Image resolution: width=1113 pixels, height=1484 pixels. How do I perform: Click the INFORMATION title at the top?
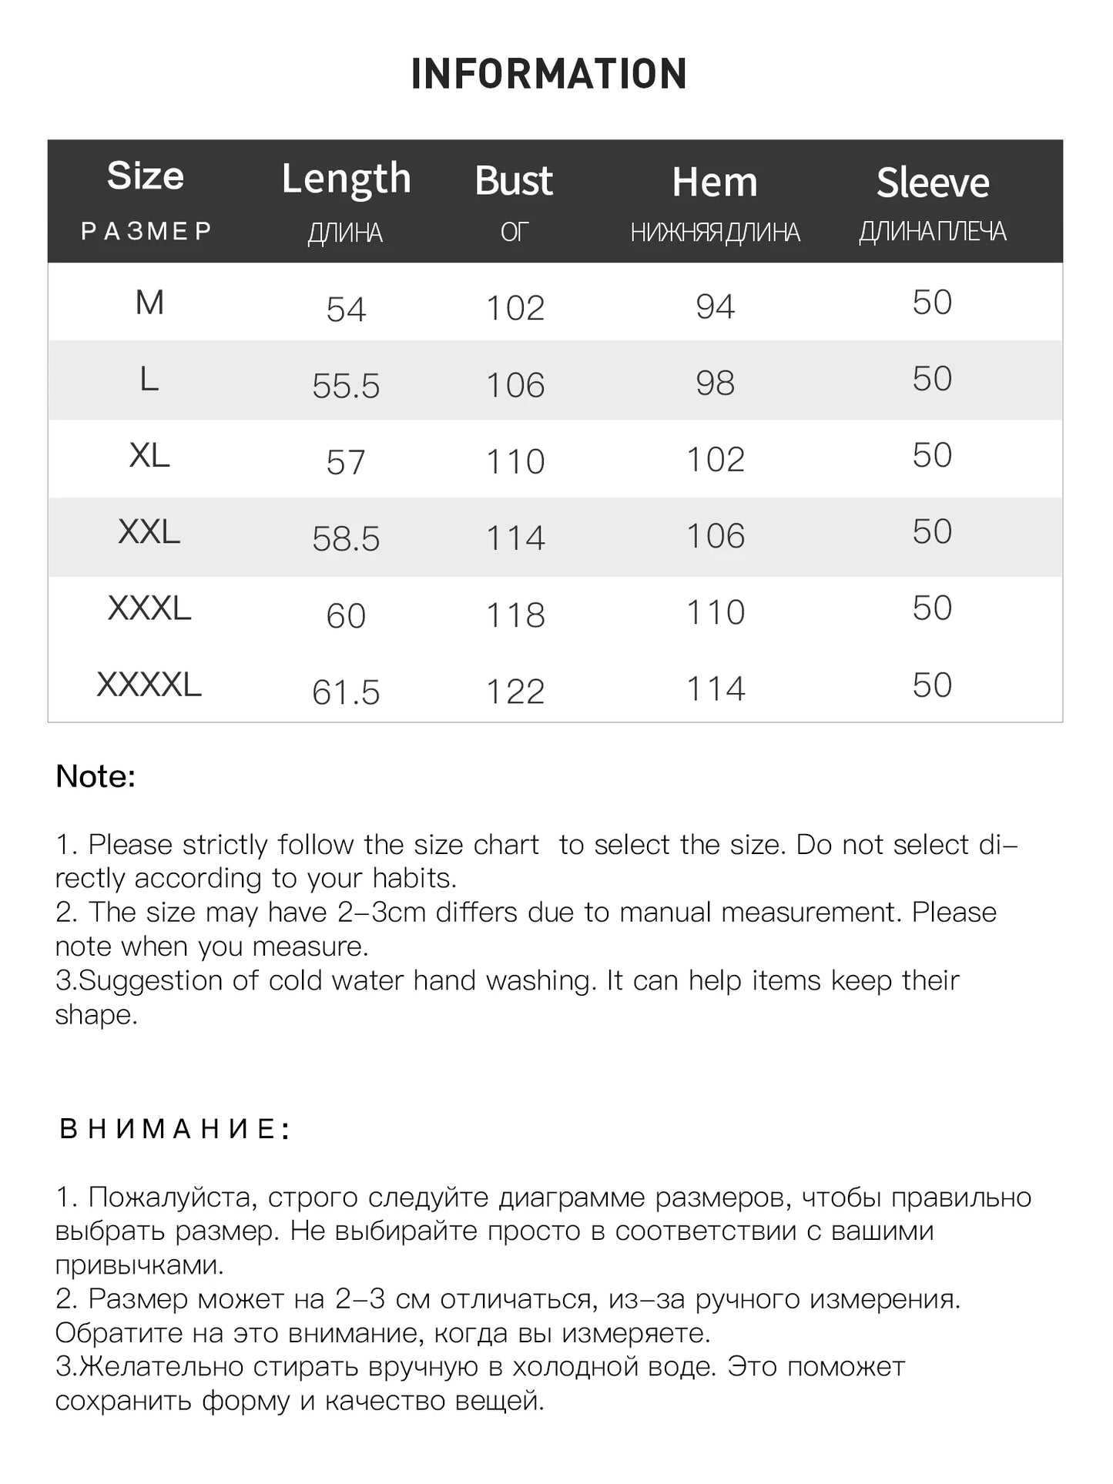[548, 74]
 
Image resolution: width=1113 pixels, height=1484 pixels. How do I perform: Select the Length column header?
[346, 179]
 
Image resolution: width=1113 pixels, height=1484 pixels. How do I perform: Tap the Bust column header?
[514, 181]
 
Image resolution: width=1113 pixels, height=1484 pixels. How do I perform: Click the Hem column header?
[715, 183]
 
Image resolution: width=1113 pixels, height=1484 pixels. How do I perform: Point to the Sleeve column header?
[932, 183]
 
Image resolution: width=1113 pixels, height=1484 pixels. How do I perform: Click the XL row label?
[149, 455]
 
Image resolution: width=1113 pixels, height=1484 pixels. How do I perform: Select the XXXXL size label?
[149, 685]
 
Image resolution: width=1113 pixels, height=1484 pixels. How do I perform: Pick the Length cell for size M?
[346, 310]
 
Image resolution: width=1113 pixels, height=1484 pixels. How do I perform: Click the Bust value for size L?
[515, 385]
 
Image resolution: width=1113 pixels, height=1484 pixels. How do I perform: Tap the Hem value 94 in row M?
[715, 307]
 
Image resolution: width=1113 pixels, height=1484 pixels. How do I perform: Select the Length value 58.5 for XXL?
[346, 539]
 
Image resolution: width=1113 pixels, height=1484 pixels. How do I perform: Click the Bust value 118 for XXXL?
[515, 615]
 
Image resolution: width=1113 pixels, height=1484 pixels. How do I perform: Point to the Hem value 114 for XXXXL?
[716, 688]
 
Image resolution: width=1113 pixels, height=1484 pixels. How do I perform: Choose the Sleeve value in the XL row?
[932, 455]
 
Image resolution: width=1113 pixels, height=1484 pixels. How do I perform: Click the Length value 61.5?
[346, 692]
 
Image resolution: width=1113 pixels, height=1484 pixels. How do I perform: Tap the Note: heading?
[96, 776]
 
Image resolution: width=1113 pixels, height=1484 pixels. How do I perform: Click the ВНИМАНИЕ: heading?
[175, 1129]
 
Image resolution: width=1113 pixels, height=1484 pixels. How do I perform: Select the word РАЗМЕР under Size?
[146, 231]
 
